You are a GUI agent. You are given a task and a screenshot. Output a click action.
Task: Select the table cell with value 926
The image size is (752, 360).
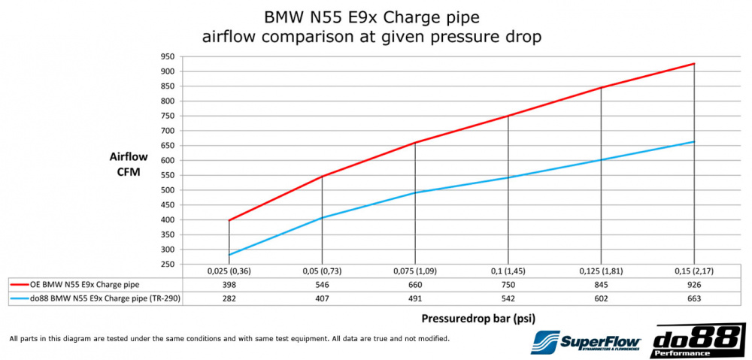pyautogui.click(x=693, y=286)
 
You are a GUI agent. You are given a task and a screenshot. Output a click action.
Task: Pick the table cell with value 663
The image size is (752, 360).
pyautogui.click(x=693, y=298)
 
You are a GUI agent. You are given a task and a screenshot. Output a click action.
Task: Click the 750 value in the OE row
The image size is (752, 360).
pyautogui.click(x=508, y=286)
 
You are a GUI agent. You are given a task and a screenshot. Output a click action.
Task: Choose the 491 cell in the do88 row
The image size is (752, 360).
pyautogui.click(x=414, y=298)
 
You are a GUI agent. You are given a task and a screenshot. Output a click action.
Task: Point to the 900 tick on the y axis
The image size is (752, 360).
pyautogui.click(x=168, y=71)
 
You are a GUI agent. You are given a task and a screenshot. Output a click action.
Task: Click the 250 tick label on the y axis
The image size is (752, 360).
pyautogui.click(x=168, y=265)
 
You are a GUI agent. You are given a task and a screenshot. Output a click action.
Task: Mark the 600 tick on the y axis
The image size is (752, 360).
pyautogui.click(x=168, y=160)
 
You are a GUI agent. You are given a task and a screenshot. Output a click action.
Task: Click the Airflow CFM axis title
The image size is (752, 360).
pyautogui.click(x=129, y=165)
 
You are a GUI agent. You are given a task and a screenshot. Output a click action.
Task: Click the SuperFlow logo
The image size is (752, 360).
pyautogui.click(x=584, y=343)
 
